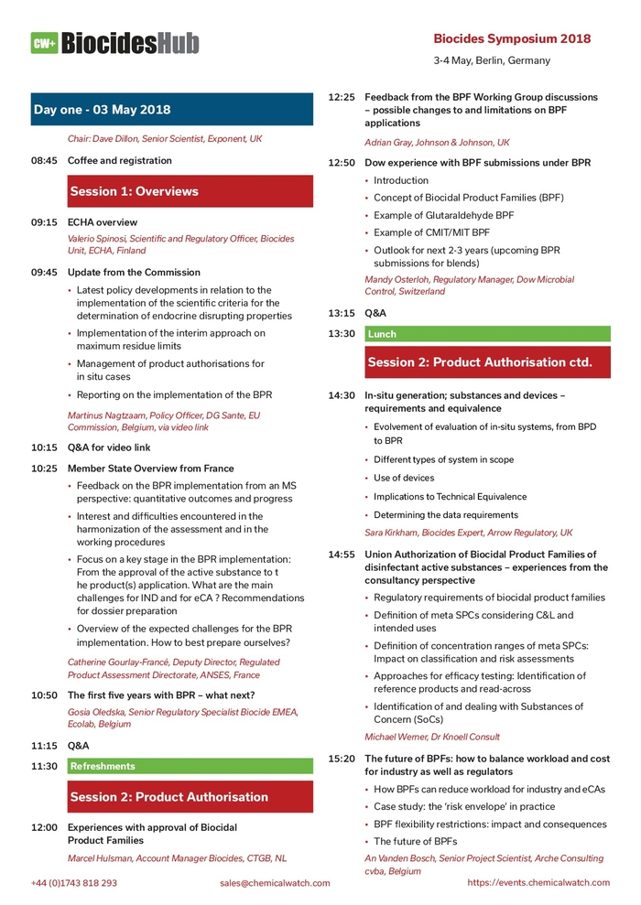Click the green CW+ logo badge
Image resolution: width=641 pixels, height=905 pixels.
point(44,43)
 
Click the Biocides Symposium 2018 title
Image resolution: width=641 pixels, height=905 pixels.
point(511,38)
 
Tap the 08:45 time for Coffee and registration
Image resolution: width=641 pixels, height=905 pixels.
point(44,160)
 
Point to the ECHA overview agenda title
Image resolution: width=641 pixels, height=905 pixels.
point(103,221)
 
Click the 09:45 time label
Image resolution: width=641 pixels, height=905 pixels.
point(44,272)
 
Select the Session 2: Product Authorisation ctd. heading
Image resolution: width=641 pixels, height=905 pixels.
point(480,362)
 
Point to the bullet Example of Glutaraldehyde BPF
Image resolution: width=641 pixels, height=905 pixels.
point(443,215)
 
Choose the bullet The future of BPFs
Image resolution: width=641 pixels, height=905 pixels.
point(415,841)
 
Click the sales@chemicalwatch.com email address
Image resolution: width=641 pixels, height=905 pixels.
point(275,883)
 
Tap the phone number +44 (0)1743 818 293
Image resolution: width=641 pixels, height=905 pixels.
point(74,883)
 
